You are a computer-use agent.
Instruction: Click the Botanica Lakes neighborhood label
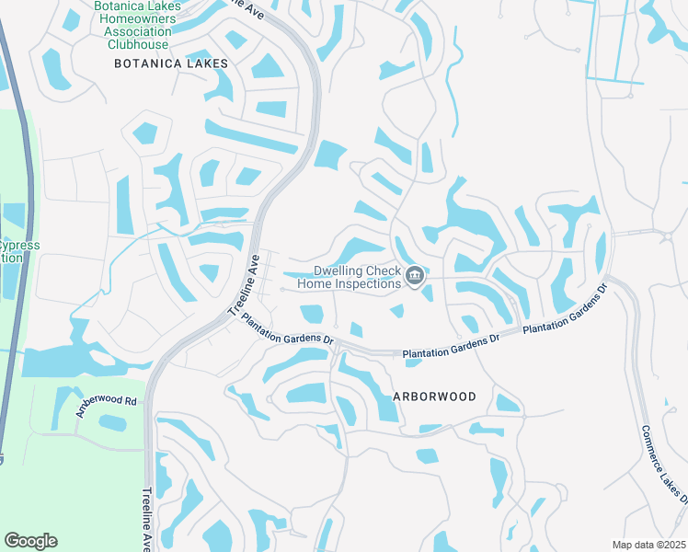coord(170,63)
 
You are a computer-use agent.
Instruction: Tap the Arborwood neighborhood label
coord(434,397)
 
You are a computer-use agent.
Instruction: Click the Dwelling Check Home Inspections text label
coord(358,277)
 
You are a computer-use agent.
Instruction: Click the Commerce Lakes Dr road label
coord(663,464)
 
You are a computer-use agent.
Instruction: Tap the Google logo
coord(30,541)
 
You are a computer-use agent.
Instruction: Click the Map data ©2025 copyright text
coord(648,545)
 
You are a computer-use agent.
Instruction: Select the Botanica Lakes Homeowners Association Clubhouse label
coord(138,25)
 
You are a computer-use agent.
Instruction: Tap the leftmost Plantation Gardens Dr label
coord(286,328)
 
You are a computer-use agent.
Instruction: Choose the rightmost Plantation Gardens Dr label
coord(566,310)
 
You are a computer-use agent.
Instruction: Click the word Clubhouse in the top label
coord(138,44)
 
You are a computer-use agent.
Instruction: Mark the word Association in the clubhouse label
coord(138,31)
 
